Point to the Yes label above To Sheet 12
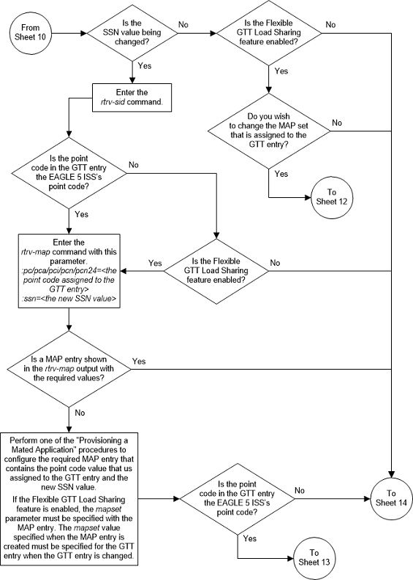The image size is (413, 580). (x=281, y=175)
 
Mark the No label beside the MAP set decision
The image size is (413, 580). (x=337, y=123)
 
